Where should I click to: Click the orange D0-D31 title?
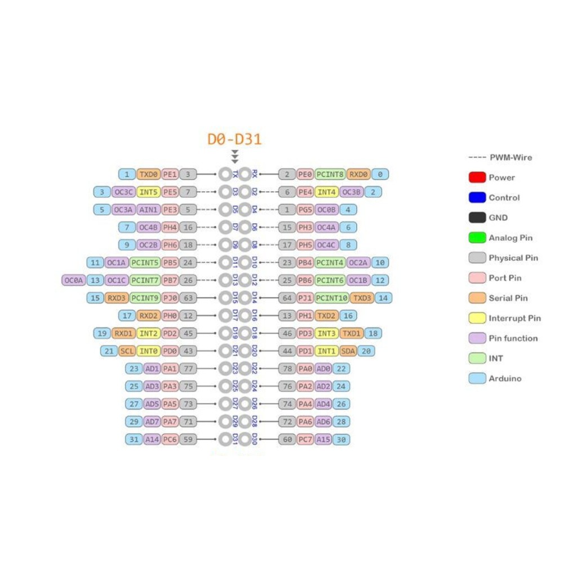pos(234,139)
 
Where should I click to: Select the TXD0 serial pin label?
pos(149,175)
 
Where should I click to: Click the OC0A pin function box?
pos(73,280)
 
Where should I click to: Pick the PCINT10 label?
pos(331,298)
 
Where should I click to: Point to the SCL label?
pos(127,351)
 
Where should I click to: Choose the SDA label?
pos(349,351)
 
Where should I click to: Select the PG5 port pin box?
pos(305,210)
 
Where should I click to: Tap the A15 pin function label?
pos(323,440)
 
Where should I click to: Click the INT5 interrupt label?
pos(149,192)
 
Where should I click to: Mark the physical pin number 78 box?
pos(287,369)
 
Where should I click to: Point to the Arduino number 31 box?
pos(134,440)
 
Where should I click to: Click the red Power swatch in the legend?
pos(477,177)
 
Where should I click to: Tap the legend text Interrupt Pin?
pos(514,318)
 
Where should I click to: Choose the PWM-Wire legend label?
pos(510,158)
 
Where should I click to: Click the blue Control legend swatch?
pos(477,198)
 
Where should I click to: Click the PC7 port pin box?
pos(305,440)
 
